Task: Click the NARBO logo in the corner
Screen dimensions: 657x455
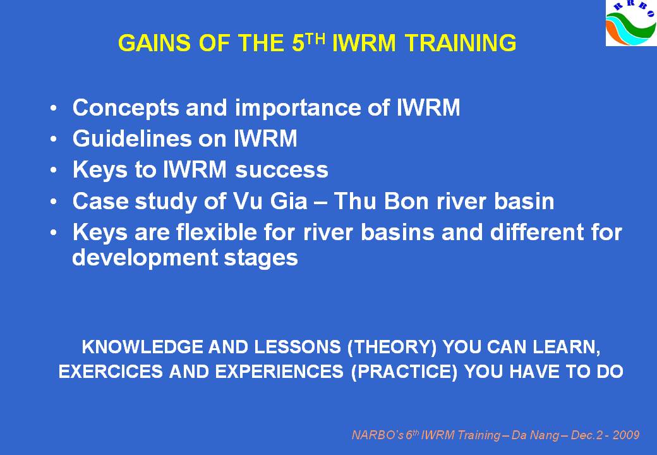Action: [631, 23]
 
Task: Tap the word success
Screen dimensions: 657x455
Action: [282, 170]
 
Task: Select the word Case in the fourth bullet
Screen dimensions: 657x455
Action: [99, 201]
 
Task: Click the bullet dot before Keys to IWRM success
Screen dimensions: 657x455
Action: [53, 170]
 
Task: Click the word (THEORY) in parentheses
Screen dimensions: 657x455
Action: [392, 348]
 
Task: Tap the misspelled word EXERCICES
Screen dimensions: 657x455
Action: [111, 372]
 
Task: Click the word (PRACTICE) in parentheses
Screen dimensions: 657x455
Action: [404, 372]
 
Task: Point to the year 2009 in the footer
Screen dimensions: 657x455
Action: [627, 435]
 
